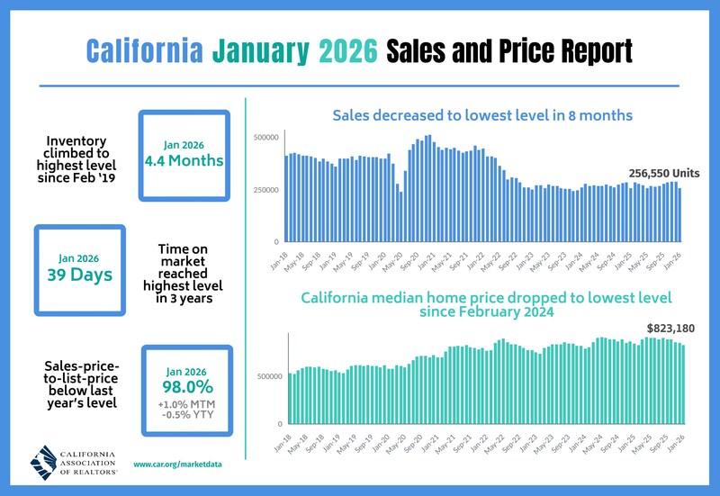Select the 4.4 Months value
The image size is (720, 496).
click(x=184, y=161)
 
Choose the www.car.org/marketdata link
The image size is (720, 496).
click(x=176, y=464)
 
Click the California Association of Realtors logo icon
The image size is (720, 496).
click(x=45, y=463)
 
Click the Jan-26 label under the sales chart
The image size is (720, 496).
click(x=671, y=259)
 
